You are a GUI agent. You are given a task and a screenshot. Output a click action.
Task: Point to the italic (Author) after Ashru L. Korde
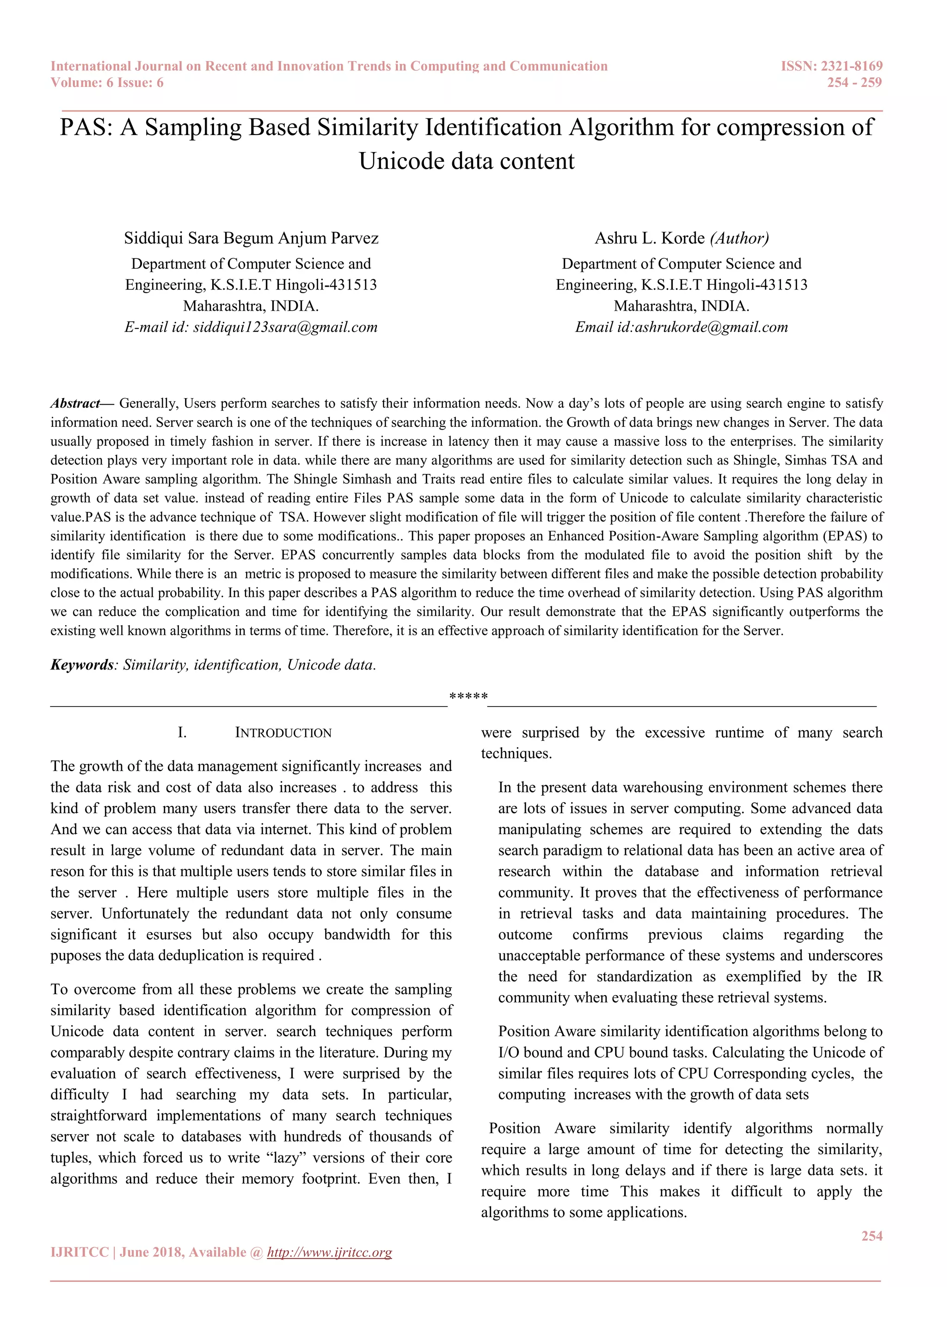coord(739,238)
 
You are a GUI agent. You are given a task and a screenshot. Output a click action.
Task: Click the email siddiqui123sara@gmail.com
coord(285,327)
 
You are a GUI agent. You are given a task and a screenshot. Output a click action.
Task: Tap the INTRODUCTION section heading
coord(283,733)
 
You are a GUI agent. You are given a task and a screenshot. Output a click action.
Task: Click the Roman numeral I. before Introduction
coord(182,733)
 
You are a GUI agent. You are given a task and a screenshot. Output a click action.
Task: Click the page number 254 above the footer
coord(871,1236)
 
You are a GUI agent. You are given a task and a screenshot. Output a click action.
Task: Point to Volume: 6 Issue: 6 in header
coord(107,82)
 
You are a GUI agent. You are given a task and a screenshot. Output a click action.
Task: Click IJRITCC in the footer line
coord(80,1252)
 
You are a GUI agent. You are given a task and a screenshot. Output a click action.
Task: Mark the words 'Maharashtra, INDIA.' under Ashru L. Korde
coord(681,306)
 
